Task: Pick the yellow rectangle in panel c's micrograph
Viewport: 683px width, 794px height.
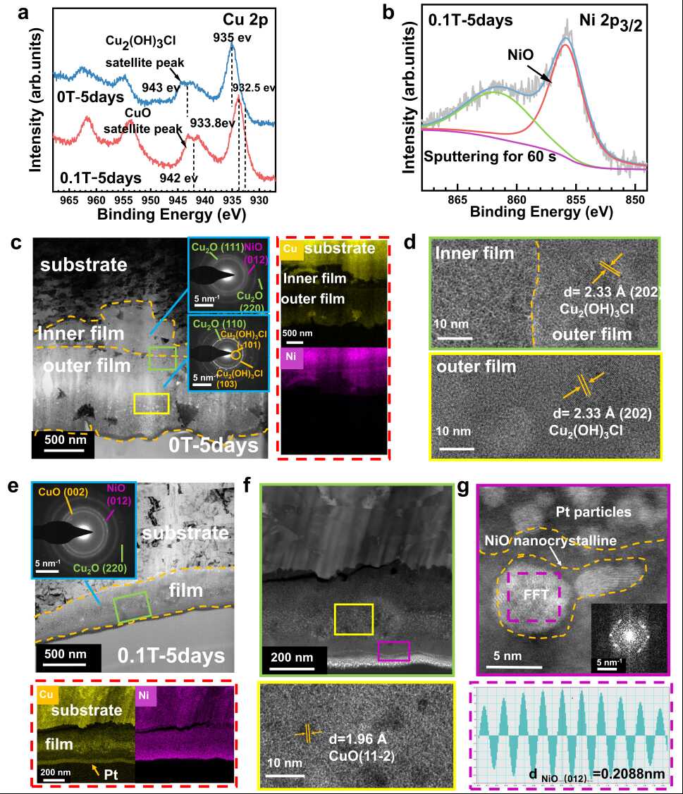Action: (x=152, y=403)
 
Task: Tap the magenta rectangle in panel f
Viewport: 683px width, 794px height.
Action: (x=394, y=651)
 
